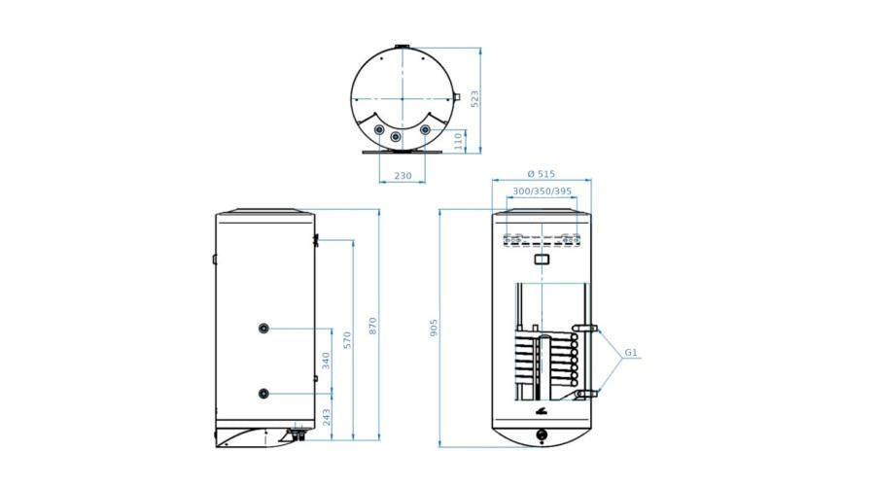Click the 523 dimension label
point(474,99)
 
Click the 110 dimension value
point(459,141)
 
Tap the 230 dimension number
point(402,176)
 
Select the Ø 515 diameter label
point(542,174)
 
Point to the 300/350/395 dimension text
point(542,191)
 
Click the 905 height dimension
point(434,328)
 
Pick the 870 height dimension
point(372,326)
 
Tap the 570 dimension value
point(347,340)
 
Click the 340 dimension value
point(326,361)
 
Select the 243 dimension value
point(326,417)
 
